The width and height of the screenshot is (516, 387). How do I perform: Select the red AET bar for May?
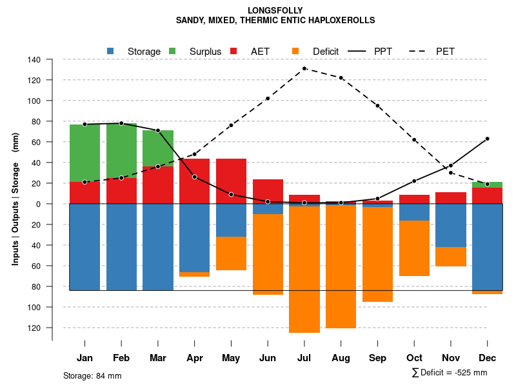pyautogui.click(x=231, y=175)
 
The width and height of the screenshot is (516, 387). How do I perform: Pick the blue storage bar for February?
pyautogui.click(x=121, y=247)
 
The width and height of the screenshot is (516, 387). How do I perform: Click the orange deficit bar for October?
pyautogui.click(x=414, y=248)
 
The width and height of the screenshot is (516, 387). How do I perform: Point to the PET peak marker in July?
pyautogui.click(x=304, y=68)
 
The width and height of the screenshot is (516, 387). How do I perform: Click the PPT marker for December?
pyautogui.click(x=488, y=139)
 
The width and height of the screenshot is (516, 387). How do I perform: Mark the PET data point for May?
pyautogui.click(x=231, y=125)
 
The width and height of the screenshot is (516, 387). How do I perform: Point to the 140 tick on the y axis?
pyautogui.click(x=34, y=59)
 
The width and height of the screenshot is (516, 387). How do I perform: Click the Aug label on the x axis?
pyautogui.click(x=341, y=358)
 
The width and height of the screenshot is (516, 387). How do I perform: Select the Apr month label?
pyautogui.click(x=195, y=358)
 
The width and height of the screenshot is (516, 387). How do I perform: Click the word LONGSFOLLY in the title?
pyautogui.click(x=275, y=10)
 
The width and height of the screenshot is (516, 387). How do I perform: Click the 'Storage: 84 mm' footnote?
pyautogui.click(x=92, y=375)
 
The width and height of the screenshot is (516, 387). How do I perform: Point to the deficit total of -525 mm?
pyautogui.click(x=450, y=372)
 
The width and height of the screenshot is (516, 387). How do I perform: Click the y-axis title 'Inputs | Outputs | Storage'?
pyautogui.click(x=15, y=213)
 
